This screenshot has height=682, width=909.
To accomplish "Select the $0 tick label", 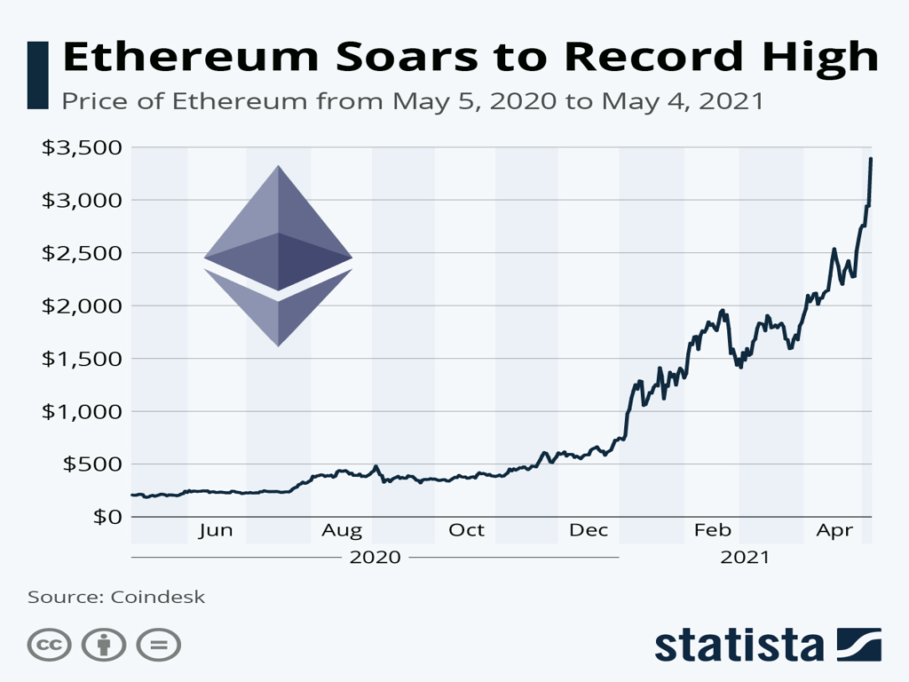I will [x=106, y=517].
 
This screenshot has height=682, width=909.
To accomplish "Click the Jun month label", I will [x=216, y=531].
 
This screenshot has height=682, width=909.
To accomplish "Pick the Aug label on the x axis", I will [x=342, y=531].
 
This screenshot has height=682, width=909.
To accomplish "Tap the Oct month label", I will [x=466, y=531].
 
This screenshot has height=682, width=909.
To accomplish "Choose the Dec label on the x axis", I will [x=589, y=531].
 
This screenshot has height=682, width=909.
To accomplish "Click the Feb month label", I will [x=712, y=531].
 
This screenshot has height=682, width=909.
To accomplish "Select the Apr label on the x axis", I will [x=834, y=531].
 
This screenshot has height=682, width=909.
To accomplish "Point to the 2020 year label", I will [x=375, y=558].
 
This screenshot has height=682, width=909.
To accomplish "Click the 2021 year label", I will [x=746, y=558].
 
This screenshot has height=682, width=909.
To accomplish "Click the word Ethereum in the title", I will [x=183, y=57].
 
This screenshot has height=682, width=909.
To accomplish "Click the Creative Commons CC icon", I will [x=49, y=646].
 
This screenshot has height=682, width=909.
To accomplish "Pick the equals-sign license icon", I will [x=159, y=646].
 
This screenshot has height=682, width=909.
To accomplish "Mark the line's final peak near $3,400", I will [x=871, y=159].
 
